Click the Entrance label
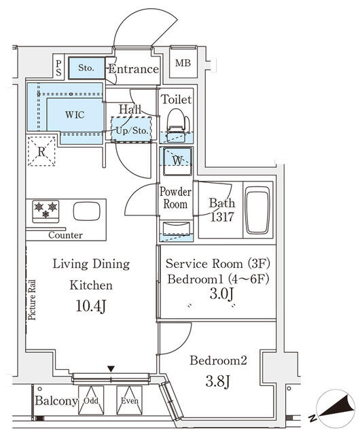click(x=134, y=69)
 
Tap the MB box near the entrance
click(x=183, y=64)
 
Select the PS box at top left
click(x=59, y=67)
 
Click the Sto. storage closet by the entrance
click(x=86, y=68)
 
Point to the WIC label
click(x=75, y=114)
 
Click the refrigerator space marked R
click(x=41, y=152)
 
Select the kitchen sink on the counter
click(x=86, y=211)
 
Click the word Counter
click(x=65, y=235)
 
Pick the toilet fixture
click(x=177, y=122)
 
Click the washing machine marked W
click(x=177, y=162)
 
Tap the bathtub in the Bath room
click(x=257, y=210)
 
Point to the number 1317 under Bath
click(x=221, y=217)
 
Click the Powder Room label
click(x=176, y=198)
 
